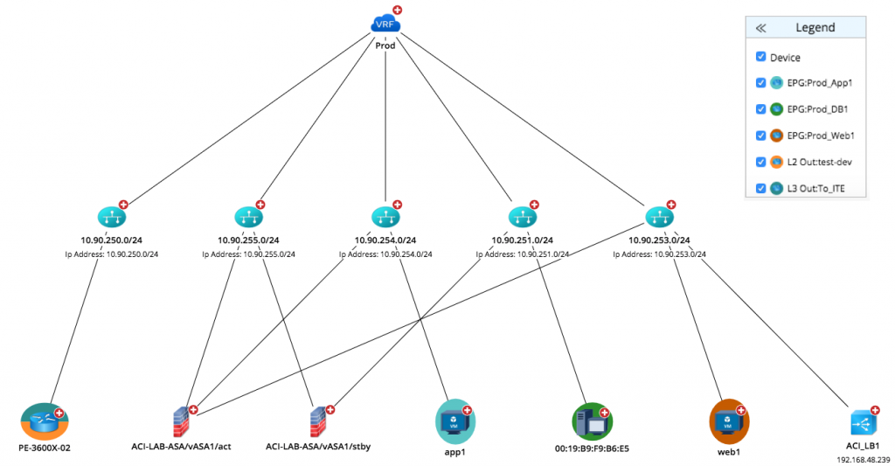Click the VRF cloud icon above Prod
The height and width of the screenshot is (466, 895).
(x=385, y=24)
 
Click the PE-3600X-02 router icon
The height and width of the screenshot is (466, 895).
(x=44, y=423)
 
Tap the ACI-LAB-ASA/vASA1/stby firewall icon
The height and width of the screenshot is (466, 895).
(x=319, y=422)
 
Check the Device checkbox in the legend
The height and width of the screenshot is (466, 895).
(x=761, y=57)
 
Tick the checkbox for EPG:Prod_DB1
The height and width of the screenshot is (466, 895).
(x=761, y=109)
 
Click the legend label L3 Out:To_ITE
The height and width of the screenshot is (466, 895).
(x=817, y=188)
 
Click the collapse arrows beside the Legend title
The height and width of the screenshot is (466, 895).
(x=760, y=28)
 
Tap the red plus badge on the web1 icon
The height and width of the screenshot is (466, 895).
(x=741, y=410)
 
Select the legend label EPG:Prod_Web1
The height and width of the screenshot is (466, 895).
(x=821, y=136)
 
